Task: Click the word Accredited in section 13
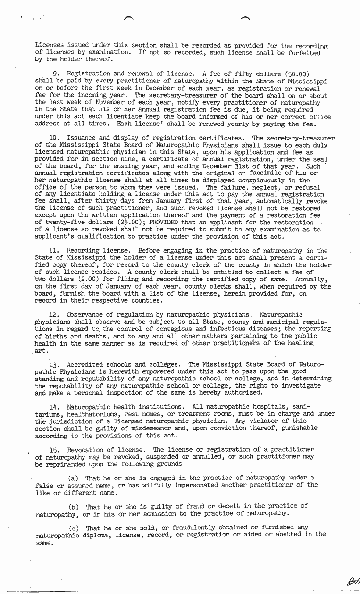[x=85, y=365]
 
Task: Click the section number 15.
[x=54, y=449]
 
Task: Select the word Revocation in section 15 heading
[x=87, y=449]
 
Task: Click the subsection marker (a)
[x=74, y=478]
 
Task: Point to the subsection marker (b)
[x=74, y=506]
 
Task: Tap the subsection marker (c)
[x=74, y=528]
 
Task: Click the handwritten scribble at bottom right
[x=352, y=582]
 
